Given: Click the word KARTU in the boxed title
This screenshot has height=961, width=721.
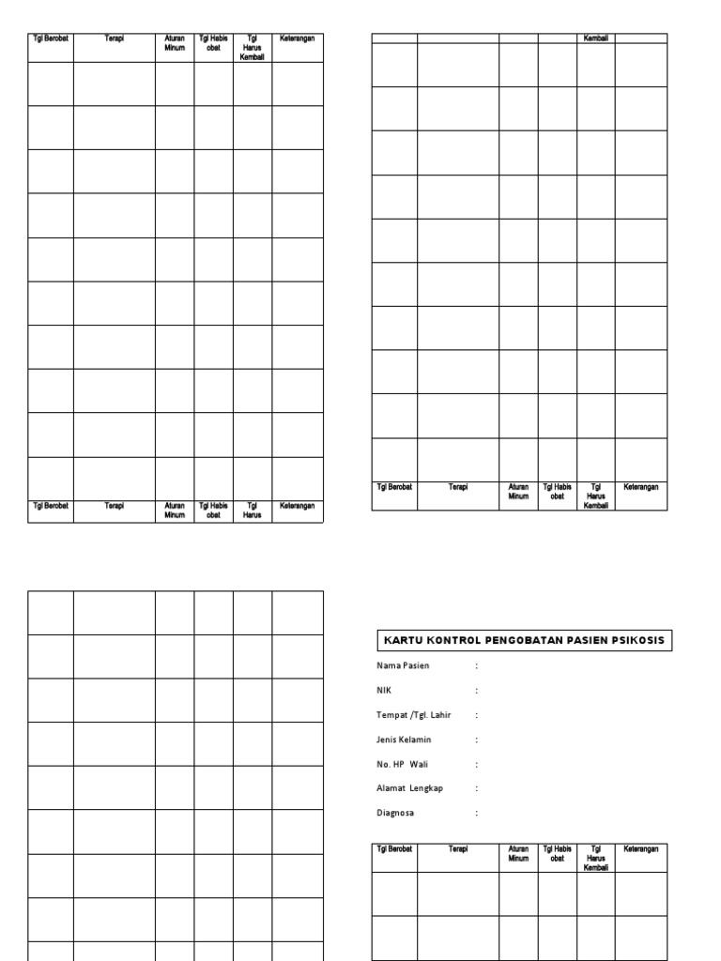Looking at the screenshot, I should [x=401, y=641].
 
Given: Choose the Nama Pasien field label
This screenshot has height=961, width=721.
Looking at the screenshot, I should [x=403, y=665].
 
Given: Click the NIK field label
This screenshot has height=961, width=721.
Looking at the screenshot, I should [x=383, y=690].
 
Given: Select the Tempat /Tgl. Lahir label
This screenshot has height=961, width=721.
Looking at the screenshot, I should [x=413, y=715].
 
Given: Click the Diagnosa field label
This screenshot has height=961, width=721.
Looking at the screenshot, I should [x=394, y=813].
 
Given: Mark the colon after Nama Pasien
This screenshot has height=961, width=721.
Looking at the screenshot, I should [x=477, y=665].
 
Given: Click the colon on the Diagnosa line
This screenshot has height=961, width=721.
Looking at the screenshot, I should [x=477, y=813].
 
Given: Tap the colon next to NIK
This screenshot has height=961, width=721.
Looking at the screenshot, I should [x=477, y=690].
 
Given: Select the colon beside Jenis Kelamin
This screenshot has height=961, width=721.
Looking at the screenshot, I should [x=477, y=740].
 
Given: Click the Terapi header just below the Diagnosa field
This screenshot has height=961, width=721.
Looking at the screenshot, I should [x=458, y=848].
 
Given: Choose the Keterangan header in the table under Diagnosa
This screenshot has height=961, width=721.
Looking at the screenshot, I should [x=641, y=848].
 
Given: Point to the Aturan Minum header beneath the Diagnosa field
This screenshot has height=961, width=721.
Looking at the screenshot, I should [x=519, y=853].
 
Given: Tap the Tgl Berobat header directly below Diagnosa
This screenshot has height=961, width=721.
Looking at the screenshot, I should [x=395, y=848].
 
